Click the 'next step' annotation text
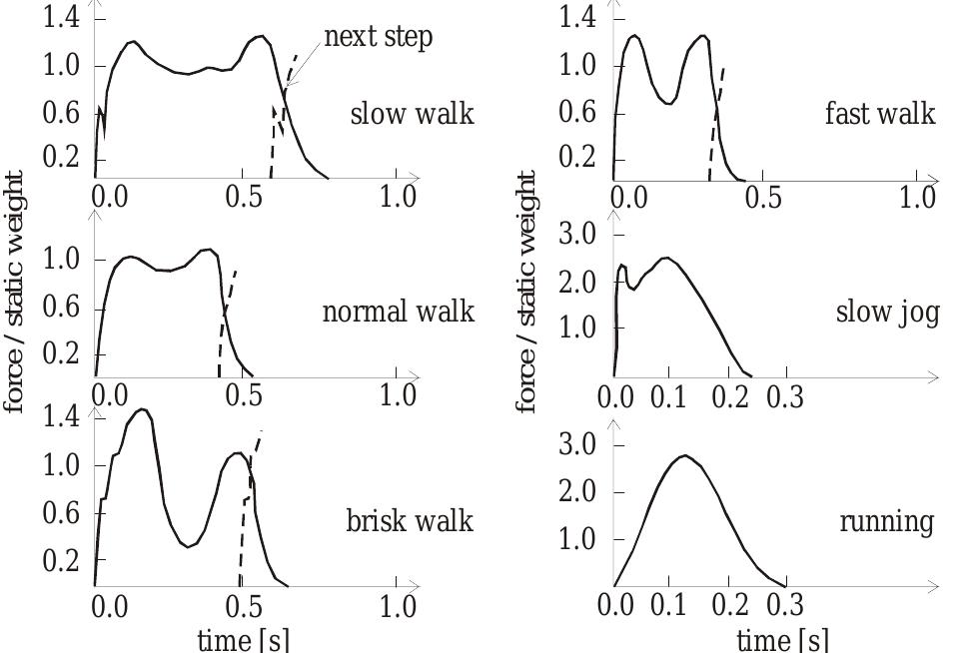378,39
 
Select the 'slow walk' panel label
412,114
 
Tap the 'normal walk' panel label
398,313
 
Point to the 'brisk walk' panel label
410,521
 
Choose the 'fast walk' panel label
880,114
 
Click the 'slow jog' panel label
887,313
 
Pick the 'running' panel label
887,521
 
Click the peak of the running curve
684,455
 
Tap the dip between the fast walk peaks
672,102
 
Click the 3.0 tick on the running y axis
575,445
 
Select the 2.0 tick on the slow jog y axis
575,283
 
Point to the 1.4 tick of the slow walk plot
61,18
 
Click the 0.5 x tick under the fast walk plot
763,197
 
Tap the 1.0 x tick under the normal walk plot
399,395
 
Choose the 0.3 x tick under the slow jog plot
784,398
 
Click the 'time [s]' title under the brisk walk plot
244,639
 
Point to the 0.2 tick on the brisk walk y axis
61,561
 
